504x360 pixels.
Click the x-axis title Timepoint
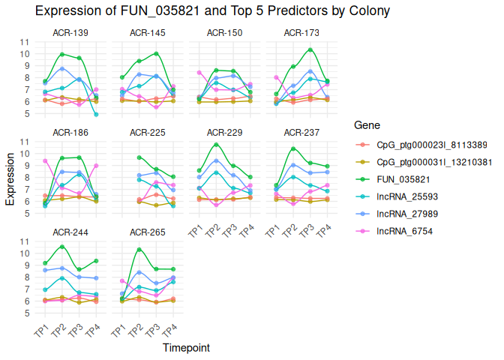pos(186,348)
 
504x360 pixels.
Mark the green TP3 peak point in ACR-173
pos(310,50)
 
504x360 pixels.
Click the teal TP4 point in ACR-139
pos(96,114)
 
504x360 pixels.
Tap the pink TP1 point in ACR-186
pos(46,160)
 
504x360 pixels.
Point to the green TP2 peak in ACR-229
pos(217,145)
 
